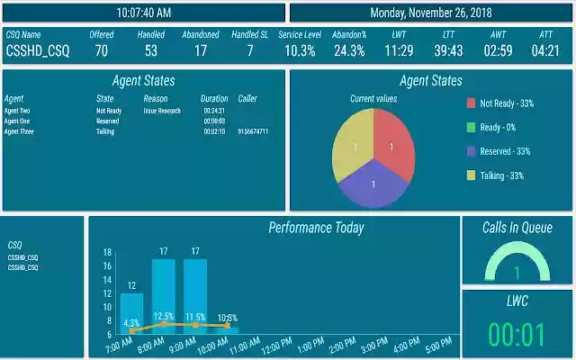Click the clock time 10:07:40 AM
[144, 13]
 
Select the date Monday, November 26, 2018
[431, 13]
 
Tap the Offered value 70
[101, 51]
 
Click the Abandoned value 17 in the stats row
[200, 51]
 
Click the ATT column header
[545, 34]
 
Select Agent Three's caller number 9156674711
[253, 131]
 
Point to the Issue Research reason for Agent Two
[162, 111]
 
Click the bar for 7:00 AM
[131, 312]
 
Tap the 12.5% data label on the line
[164, 317]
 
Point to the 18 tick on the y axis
[107, 253]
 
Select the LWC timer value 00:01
[516, 334]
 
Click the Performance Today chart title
[316, 228]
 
